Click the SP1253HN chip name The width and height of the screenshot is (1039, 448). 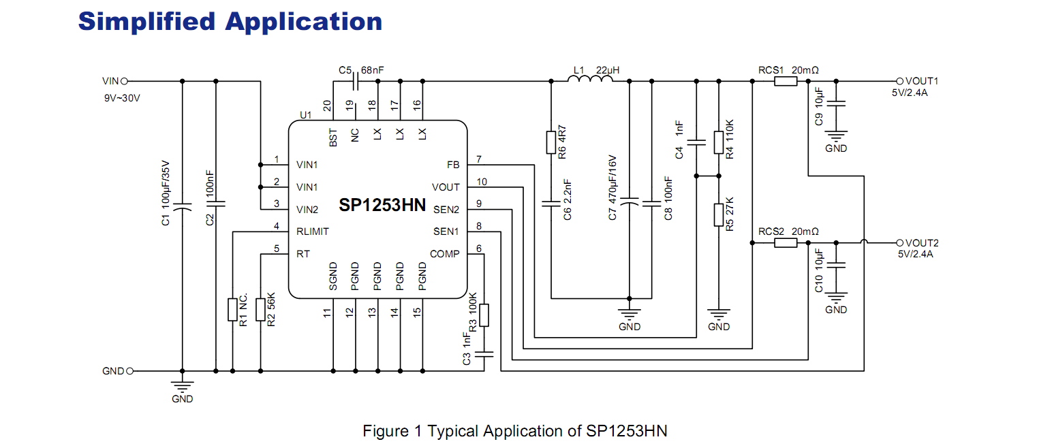[x=382, y=205]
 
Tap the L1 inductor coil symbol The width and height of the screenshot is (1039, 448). [x=590, y=80]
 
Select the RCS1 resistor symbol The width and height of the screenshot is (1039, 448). [x=786, y=82]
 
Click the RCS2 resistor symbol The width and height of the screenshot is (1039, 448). [x=786, y=242]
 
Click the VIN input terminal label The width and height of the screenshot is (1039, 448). [x=110, y=81]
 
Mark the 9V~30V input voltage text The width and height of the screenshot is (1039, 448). [x=122, y=98]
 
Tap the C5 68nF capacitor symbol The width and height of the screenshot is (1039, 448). [x=355, y=82]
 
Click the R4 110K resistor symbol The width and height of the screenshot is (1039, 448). [x=719, y=142]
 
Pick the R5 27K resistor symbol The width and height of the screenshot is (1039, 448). [x=719, y=214]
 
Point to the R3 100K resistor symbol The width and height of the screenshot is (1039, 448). [x=484, y=315]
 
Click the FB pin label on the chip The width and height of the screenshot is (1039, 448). [x=453, y=165]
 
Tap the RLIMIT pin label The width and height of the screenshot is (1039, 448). [x=313, y=231]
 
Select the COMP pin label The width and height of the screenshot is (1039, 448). [x=445, y=254]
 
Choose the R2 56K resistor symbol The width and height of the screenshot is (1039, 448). [x=260, y=310]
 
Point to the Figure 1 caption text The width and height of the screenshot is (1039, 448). [x=514, y=431]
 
